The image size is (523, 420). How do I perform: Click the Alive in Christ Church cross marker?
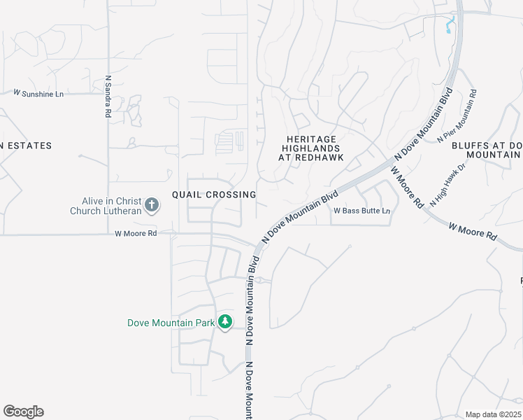point(151,205)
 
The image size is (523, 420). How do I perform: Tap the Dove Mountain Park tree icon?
point(224,322)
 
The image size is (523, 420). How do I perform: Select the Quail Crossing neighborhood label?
point(214,194)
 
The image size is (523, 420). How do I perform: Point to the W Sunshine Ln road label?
point(38,92)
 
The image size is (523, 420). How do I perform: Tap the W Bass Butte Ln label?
point(361,211)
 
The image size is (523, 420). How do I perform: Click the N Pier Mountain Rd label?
point(458,115)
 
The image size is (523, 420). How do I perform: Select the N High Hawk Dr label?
point(447,185)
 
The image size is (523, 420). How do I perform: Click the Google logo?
point(23,412)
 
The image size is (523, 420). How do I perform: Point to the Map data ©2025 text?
point(493,414)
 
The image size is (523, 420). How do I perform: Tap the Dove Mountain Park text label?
point(171,323)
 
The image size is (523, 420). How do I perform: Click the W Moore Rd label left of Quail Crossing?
point(136,234)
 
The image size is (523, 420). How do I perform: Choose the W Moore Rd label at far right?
point(473,232)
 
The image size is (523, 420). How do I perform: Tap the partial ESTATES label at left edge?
point(26,146)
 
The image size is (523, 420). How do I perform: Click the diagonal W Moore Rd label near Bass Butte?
point(407,186)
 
